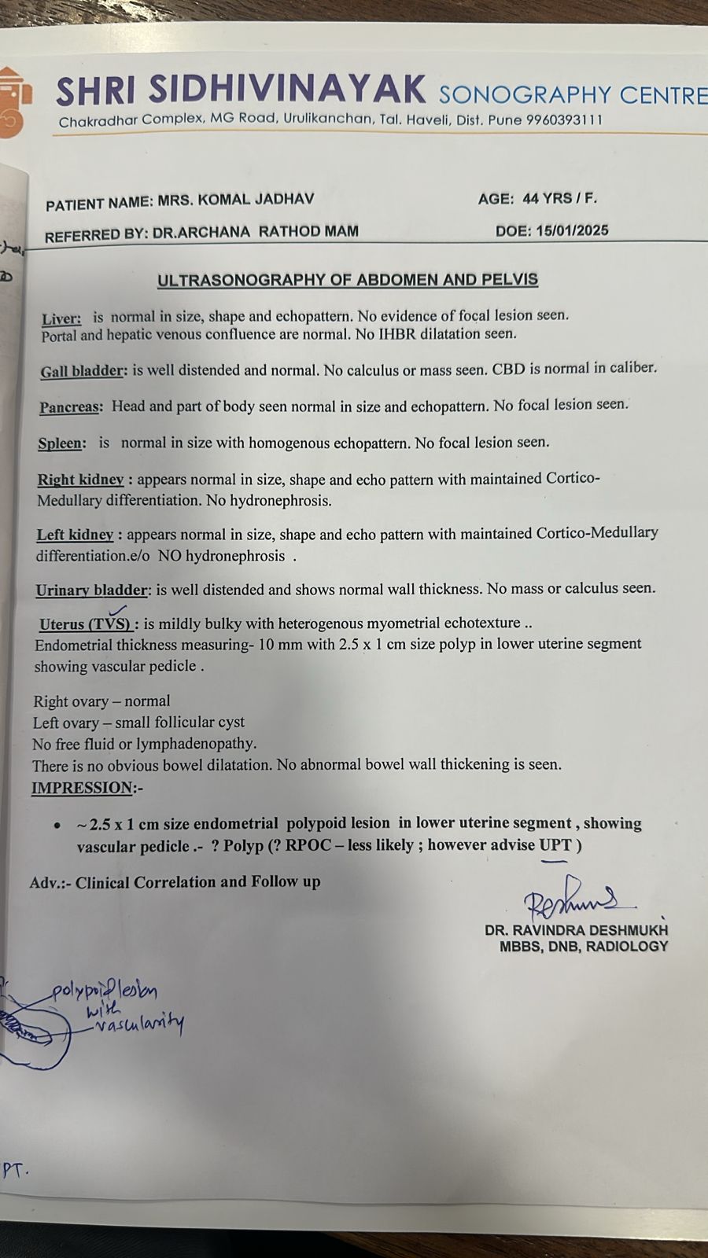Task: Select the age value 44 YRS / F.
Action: [559, 198]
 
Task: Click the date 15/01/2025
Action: [572, 231]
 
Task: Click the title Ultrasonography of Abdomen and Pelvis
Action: [348, 280]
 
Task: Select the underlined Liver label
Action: [61, 318]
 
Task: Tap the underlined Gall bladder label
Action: [83, 371]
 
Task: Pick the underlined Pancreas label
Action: [71, 407]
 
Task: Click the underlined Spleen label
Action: [61, 443]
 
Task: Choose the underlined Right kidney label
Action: [81, 480]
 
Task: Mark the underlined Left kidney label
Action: [76, 535]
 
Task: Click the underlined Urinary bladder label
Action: [92, 590]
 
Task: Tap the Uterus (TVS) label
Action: [86, 624]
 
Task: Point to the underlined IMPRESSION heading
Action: [83, 788]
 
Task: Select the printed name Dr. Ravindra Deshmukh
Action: [576, 929]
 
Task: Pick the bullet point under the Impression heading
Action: [57, 826]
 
